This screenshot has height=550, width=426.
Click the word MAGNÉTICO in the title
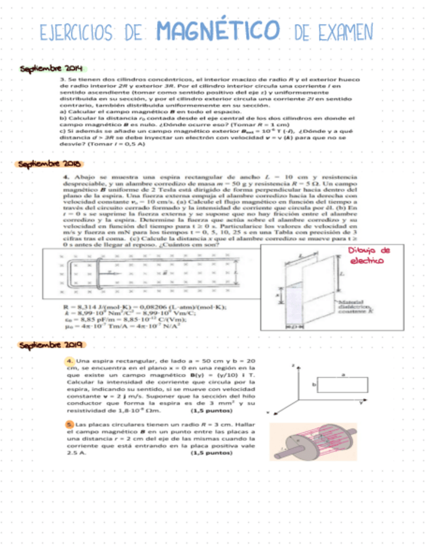click(x=219, y=30)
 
